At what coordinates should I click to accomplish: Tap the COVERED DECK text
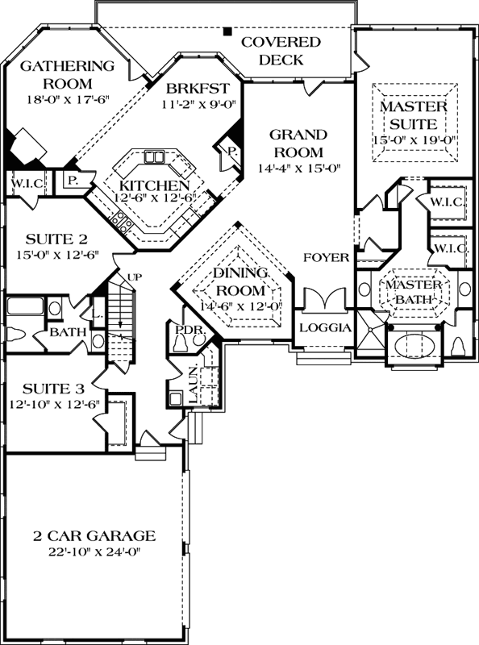point(281,51)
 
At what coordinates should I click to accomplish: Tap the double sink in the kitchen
point(156,156)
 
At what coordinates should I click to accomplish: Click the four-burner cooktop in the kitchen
point(119,218)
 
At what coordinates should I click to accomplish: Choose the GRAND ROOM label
point(298,143)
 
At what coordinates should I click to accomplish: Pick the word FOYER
point(326,258)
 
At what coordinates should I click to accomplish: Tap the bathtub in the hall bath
point(24,307)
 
